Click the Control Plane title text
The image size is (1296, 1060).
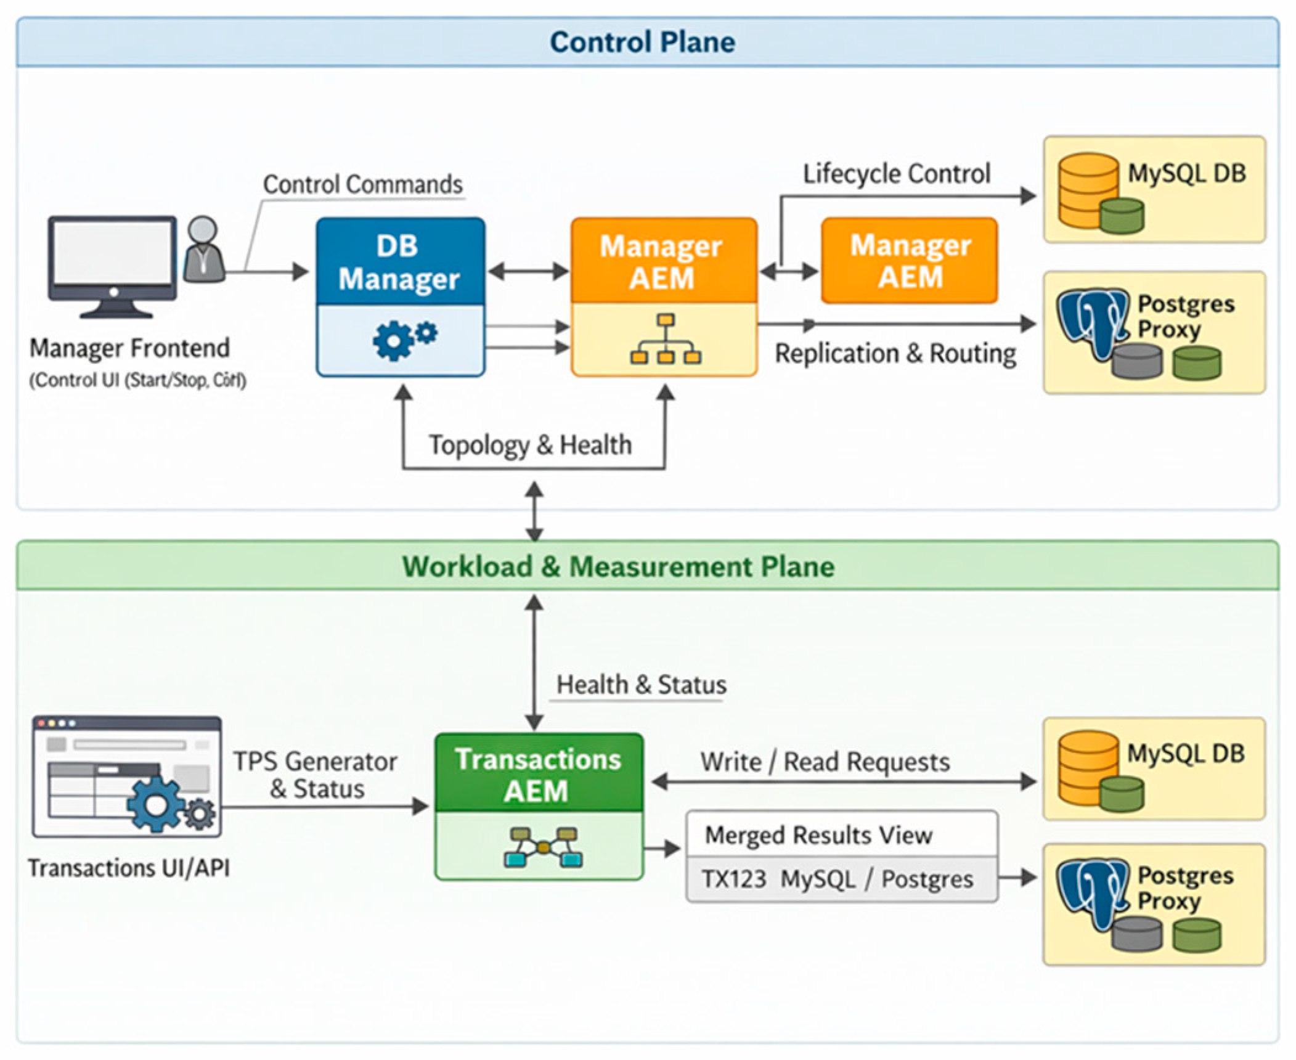coord(642,43)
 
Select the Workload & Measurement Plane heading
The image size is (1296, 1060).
coord(618,566)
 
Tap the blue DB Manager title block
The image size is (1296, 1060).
coord(400,262)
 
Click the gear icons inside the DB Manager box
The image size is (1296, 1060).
coord(404,340)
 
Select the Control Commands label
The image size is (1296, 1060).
coord(363,184)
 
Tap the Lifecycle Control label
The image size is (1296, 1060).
coord(897,174)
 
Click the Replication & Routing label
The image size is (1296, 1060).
coord(895,354)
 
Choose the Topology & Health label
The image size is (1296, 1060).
coord(531,444)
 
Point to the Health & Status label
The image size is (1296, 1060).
coord(641,685)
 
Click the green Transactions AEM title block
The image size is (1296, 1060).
coord(538,774)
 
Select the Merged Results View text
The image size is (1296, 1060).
coord(818,835)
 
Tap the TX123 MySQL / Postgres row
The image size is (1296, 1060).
coord(838,879)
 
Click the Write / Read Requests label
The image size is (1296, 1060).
coord(825,762)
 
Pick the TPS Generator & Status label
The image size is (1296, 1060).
coord(316,775)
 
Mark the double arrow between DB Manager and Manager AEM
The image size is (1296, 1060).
coord(528,271)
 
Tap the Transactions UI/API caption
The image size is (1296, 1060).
coord(129,868)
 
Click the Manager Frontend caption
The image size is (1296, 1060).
coord(130,348)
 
